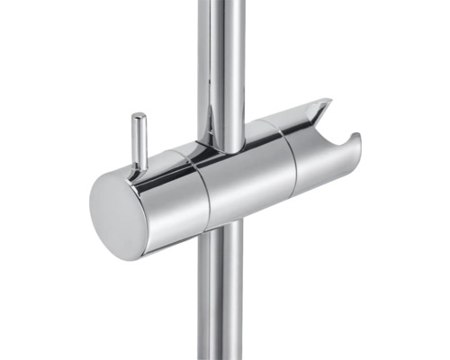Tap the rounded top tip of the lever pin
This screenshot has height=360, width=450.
click(x=139, y=116)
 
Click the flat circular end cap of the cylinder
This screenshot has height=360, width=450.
click(x=118, y=214)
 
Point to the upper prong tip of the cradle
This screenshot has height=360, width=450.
click(x=325, y=103)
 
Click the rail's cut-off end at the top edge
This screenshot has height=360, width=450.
click(x=221, y=3)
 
